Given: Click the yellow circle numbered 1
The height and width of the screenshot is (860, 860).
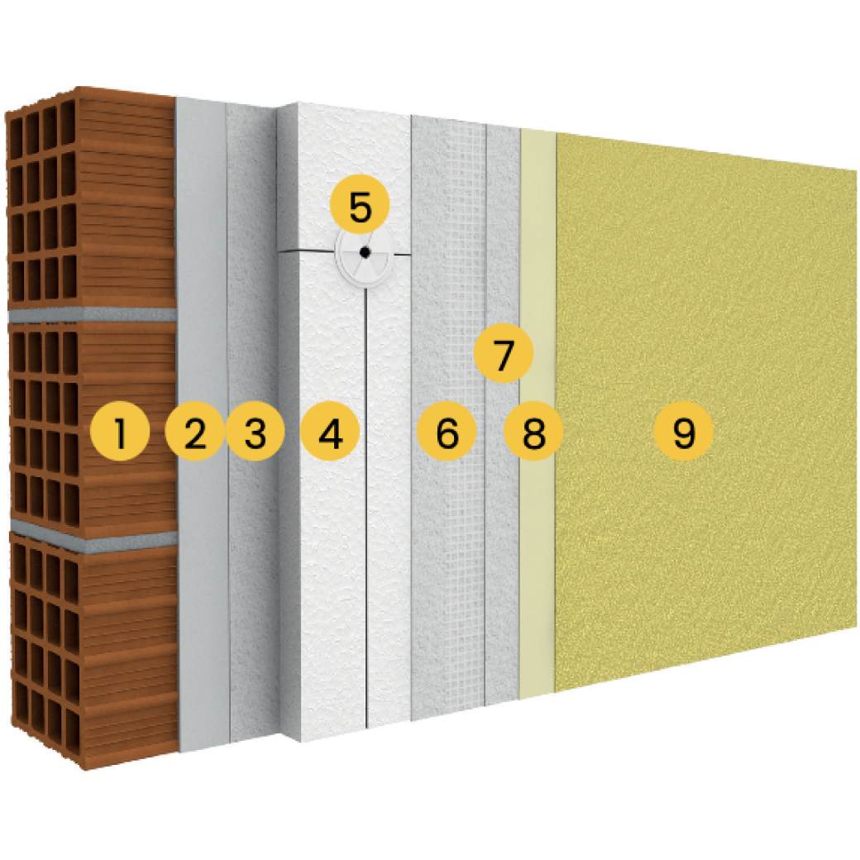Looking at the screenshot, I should tap(120, 432).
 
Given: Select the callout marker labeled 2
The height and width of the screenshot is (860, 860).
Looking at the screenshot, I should tap(194, 432).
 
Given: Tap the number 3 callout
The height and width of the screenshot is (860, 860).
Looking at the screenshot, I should tap(256, 432).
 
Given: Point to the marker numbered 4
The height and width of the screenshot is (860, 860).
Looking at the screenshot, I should tap(330, 432).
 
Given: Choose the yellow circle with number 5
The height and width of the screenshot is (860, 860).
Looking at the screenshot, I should tap(360, 207).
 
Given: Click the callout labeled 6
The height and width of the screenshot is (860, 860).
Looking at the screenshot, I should tap(447, 432).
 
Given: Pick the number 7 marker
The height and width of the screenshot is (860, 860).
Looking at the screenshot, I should tap(504, 354).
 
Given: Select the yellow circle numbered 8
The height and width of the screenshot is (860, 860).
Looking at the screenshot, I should tap(533, 432).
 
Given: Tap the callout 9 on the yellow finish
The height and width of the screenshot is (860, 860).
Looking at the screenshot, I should tap(683, 432).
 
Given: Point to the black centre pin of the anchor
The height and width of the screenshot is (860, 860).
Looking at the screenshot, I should tap(363, 253).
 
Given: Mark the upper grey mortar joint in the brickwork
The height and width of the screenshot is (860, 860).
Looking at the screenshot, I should tap(91, 315).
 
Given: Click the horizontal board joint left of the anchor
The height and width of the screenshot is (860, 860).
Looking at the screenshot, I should tap(306, 250).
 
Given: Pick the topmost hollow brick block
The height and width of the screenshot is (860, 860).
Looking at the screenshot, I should tap(91, 198).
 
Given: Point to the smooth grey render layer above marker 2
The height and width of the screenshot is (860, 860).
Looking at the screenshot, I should tap(201, 248).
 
